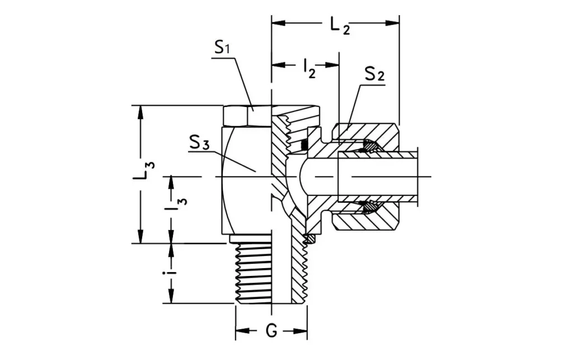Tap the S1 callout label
click(x=223, y=49)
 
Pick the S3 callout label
click(x=199, y=143)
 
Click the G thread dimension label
click(x=271, y=331)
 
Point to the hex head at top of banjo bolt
click(x=247, y=115)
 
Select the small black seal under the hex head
click(x=304, y=146)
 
